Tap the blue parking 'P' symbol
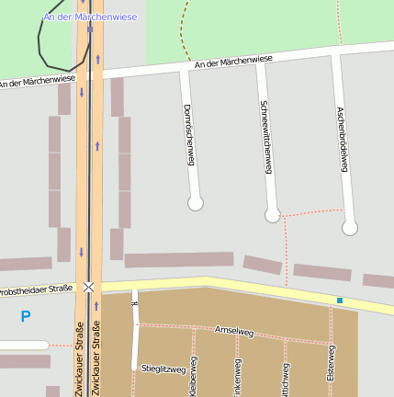point(25,317)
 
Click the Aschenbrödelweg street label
point(342,138)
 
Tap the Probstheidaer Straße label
point(35,290)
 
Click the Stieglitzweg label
point(163,369)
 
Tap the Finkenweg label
point(238,379)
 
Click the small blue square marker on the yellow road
point(339,301)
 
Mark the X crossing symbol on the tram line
point(89,288)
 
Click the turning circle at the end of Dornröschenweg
point(195,203)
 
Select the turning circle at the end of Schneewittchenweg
point(272,215)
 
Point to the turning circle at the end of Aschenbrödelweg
point(349,228)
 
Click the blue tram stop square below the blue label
point(90,28)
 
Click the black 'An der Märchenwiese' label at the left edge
point(37,82)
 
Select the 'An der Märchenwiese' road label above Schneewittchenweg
point(233,62)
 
